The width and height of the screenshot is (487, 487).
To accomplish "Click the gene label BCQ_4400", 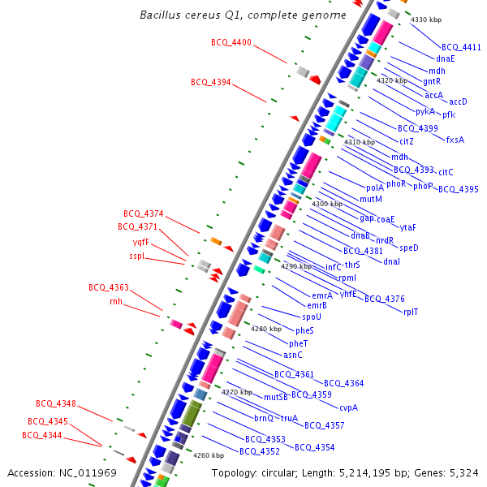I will [231, 42].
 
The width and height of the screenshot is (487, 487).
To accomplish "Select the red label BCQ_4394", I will [211, 82].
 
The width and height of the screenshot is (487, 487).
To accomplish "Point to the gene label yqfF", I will [141, 241].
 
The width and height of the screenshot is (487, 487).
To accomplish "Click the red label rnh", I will [115, 301].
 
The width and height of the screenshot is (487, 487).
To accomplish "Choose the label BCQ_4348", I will [56, 403].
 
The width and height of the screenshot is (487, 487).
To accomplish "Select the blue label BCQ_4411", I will [461, 47].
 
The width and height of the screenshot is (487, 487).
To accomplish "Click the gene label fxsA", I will [455, 140].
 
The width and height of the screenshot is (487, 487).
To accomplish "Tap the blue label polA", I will [375, 187].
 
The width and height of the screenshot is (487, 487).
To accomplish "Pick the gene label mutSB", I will [276, 397].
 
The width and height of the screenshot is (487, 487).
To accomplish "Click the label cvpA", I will [348, 407].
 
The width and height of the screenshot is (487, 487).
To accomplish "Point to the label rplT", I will [411, 312].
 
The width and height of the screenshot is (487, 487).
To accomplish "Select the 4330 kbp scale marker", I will [425, 19].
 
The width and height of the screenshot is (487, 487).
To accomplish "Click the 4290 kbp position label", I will [296, 266].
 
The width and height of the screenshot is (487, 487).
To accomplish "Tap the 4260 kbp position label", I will [209, 455].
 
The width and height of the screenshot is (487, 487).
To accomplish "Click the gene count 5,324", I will [463, 472].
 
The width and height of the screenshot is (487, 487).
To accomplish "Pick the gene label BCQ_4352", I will [260, 451].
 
